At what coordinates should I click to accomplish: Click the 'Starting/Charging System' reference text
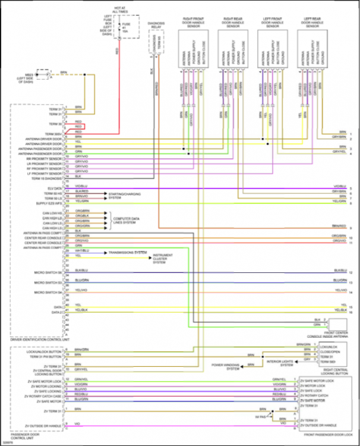click(125, 196)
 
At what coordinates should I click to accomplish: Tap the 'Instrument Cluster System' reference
click(163, 259)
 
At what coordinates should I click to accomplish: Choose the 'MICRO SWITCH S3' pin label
click(48, 282)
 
